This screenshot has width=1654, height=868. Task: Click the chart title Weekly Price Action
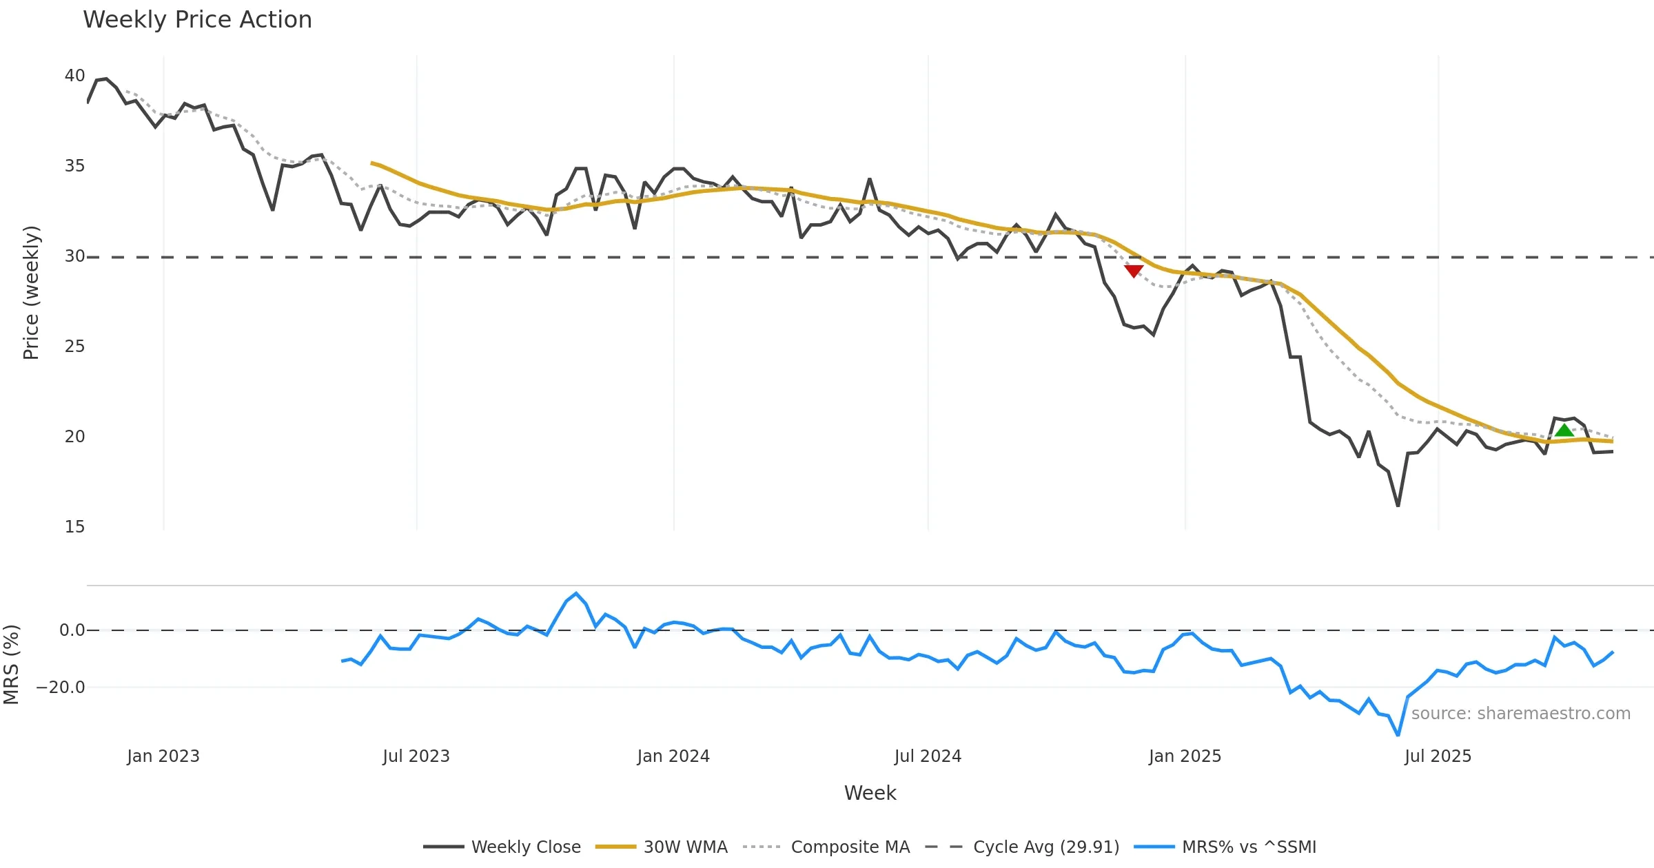tap(197, 20)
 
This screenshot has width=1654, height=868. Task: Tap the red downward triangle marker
tap(1134, 271)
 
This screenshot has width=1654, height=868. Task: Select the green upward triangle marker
tap(1564, 431)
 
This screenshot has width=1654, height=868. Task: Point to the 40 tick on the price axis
tap(74, 76)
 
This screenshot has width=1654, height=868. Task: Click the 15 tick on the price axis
tap(74, 527)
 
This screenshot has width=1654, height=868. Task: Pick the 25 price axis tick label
tap(74, 347)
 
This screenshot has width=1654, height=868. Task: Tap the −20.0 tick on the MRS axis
tap(61, 688)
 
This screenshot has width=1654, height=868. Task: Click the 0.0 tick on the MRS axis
tap(72, 630)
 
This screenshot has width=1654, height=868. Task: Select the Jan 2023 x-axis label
tap(163, 756)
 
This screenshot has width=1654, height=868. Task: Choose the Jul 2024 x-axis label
tap(928, 756)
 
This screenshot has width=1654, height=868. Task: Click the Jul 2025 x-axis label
tap(1438, 756)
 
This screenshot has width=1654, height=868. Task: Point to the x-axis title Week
tap(870, 794)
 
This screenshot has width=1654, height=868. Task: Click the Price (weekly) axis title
tap(31, 293)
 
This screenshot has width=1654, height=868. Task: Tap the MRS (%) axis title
tap(11, 665)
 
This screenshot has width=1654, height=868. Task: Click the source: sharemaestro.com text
tap(1520, 714)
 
